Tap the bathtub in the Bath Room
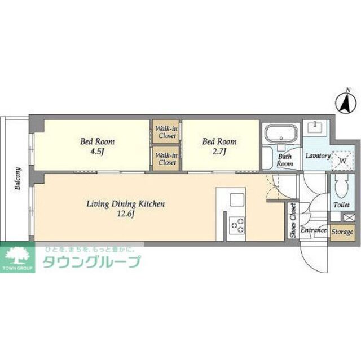point(280,135)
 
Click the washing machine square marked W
point(341,159)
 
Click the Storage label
point(341,232)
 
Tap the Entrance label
point(313,230)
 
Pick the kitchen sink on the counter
point(237,199)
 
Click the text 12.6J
point(125,214)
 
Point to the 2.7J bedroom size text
point(219,151)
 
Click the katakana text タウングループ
point(91,262)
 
